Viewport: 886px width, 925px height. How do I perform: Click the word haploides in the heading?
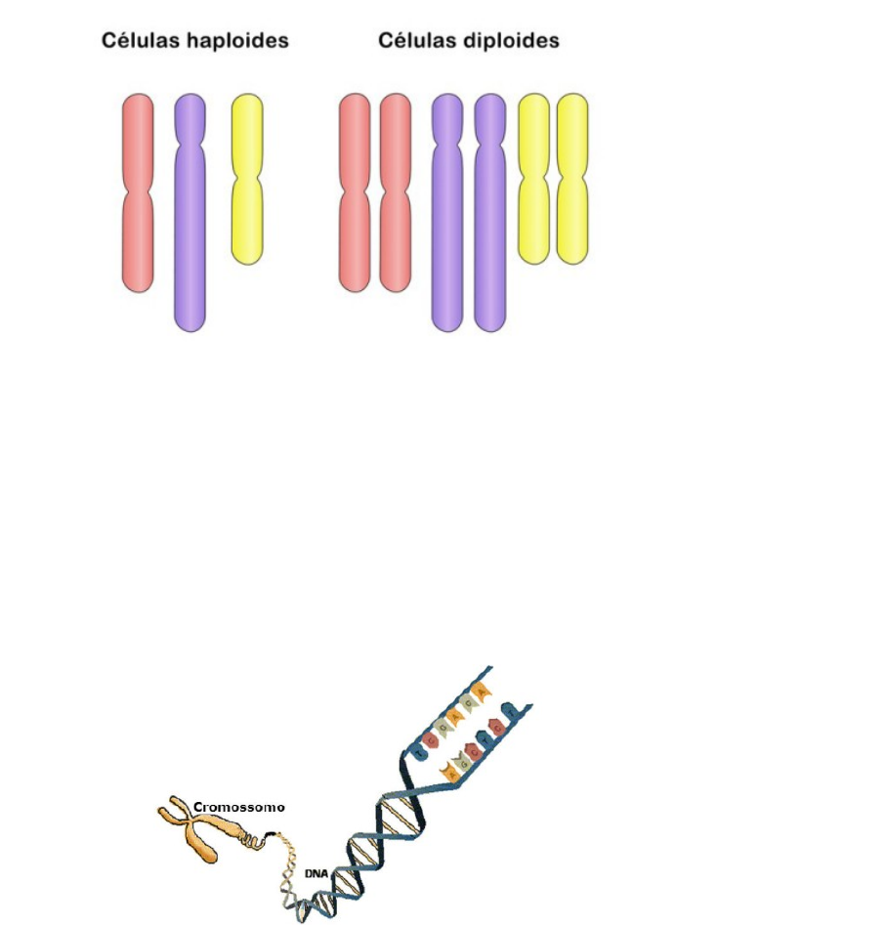[x=241, y=41]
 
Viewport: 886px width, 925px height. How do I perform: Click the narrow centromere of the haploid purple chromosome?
[x=190, y=145]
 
